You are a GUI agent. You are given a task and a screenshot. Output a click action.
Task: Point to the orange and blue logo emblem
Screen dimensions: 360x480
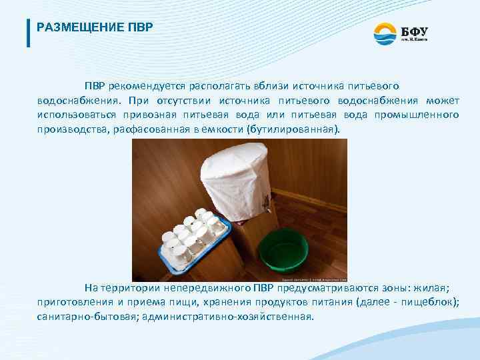click(x=385, y=31)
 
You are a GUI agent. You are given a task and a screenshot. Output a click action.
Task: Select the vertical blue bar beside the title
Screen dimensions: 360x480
click(x=28, y=32)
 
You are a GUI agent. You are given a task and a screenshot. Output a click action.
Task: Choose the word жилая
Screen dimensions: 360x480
click(x=433, y=288)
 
